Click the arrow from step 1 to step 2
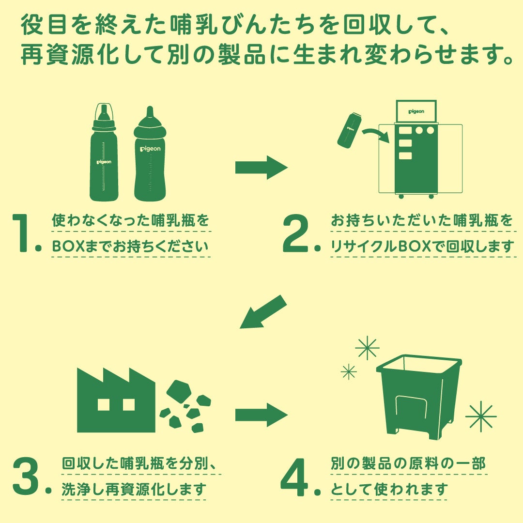tap(261, 168)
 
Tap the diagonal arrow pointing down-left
tap(263, 312)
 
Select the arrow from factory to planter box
tap(261, 415)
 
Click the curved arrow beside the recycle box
tap(376, 135)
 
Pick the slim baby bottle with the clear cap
tap(104, 152)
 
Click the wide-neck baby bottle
tap(150, 154)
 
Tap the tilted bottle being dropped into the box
tap(350, 130)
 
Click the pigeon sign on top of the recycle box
tap(416, 111)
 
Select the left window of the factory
tap(104, 404)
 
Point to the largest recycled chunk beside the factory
tap(179, 391)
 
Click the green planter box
tap(419, 397)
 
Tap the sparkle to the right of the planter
tap(481, 416)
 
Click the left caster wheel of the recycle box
tap(401, 197)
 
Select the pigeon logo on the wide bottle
tap(150, 149)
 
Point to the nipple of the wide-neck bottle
tap(150, 112)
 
